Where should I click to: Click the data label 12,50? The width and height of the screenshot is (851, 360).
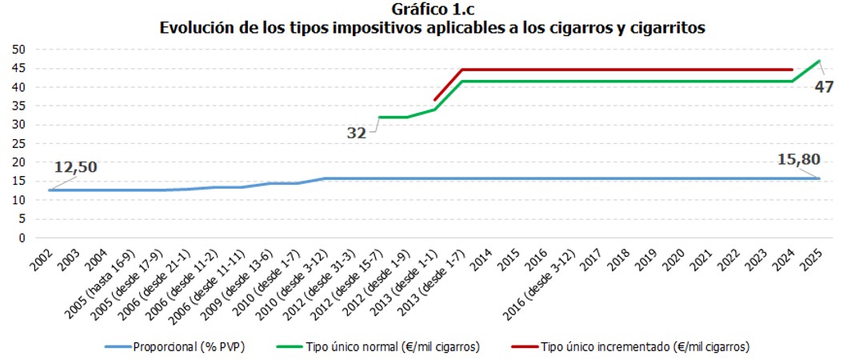pos(75,168)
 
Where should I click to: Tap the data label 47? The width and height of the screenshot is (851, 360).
pos(824,86)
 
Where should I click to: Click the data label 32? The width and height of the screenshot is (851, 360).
pos(357,134)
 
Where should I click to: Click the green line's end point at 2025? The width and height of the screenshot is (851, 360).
pos(818,61)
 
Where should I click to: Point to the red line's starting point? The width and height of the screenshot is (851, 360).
pos(434,100)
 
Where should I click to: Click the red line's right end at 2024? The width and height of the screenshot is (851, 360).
pos(792,70)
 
